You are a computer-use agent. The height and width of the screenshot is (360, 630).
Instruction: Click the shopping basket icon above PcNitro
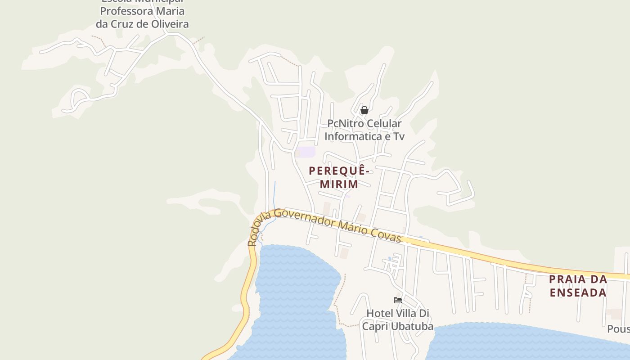364,110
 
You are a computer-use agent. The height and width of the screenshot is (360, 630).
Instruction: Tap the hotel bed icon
397,300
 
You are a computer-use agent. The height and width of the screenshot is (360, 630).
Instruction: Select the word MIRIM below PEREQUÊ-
339,184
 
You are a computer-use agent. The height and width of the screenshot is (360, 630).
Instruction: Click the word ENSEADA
578,292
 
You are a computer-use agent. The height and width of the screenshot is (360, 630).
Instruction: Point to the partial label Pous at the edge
618,329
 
